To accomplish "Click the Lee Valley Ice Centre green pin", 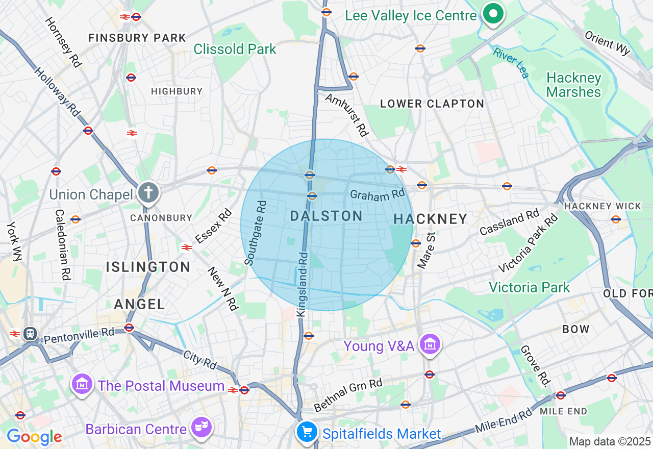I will (493, 14).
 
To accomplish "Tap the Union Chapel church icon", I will (148, 193).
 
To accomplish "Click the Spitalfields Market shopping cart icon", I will (307, 432).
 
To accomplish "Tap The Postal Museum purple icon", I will (82, 384).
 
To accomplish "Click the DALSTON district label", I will (326, 216).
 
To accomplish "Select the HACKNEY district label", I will (431, 219).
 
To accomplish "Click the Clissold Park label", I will (235, 49).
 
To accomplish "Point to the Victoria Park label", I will (529, 287).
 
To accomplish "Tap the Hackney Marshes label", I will (573, 85).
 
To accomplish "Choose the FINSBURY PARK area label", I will (137, 38).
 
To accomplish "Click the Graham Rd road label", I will (377, 194).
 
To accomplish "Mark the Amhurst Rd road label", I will (347, 114).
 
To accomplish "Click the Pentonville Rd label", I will (79, 335).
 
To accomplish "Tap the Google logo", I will (34, 437).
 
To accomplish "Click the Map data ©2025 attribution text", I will (610, 441).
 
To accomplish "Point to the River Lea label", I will (511, 63).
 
